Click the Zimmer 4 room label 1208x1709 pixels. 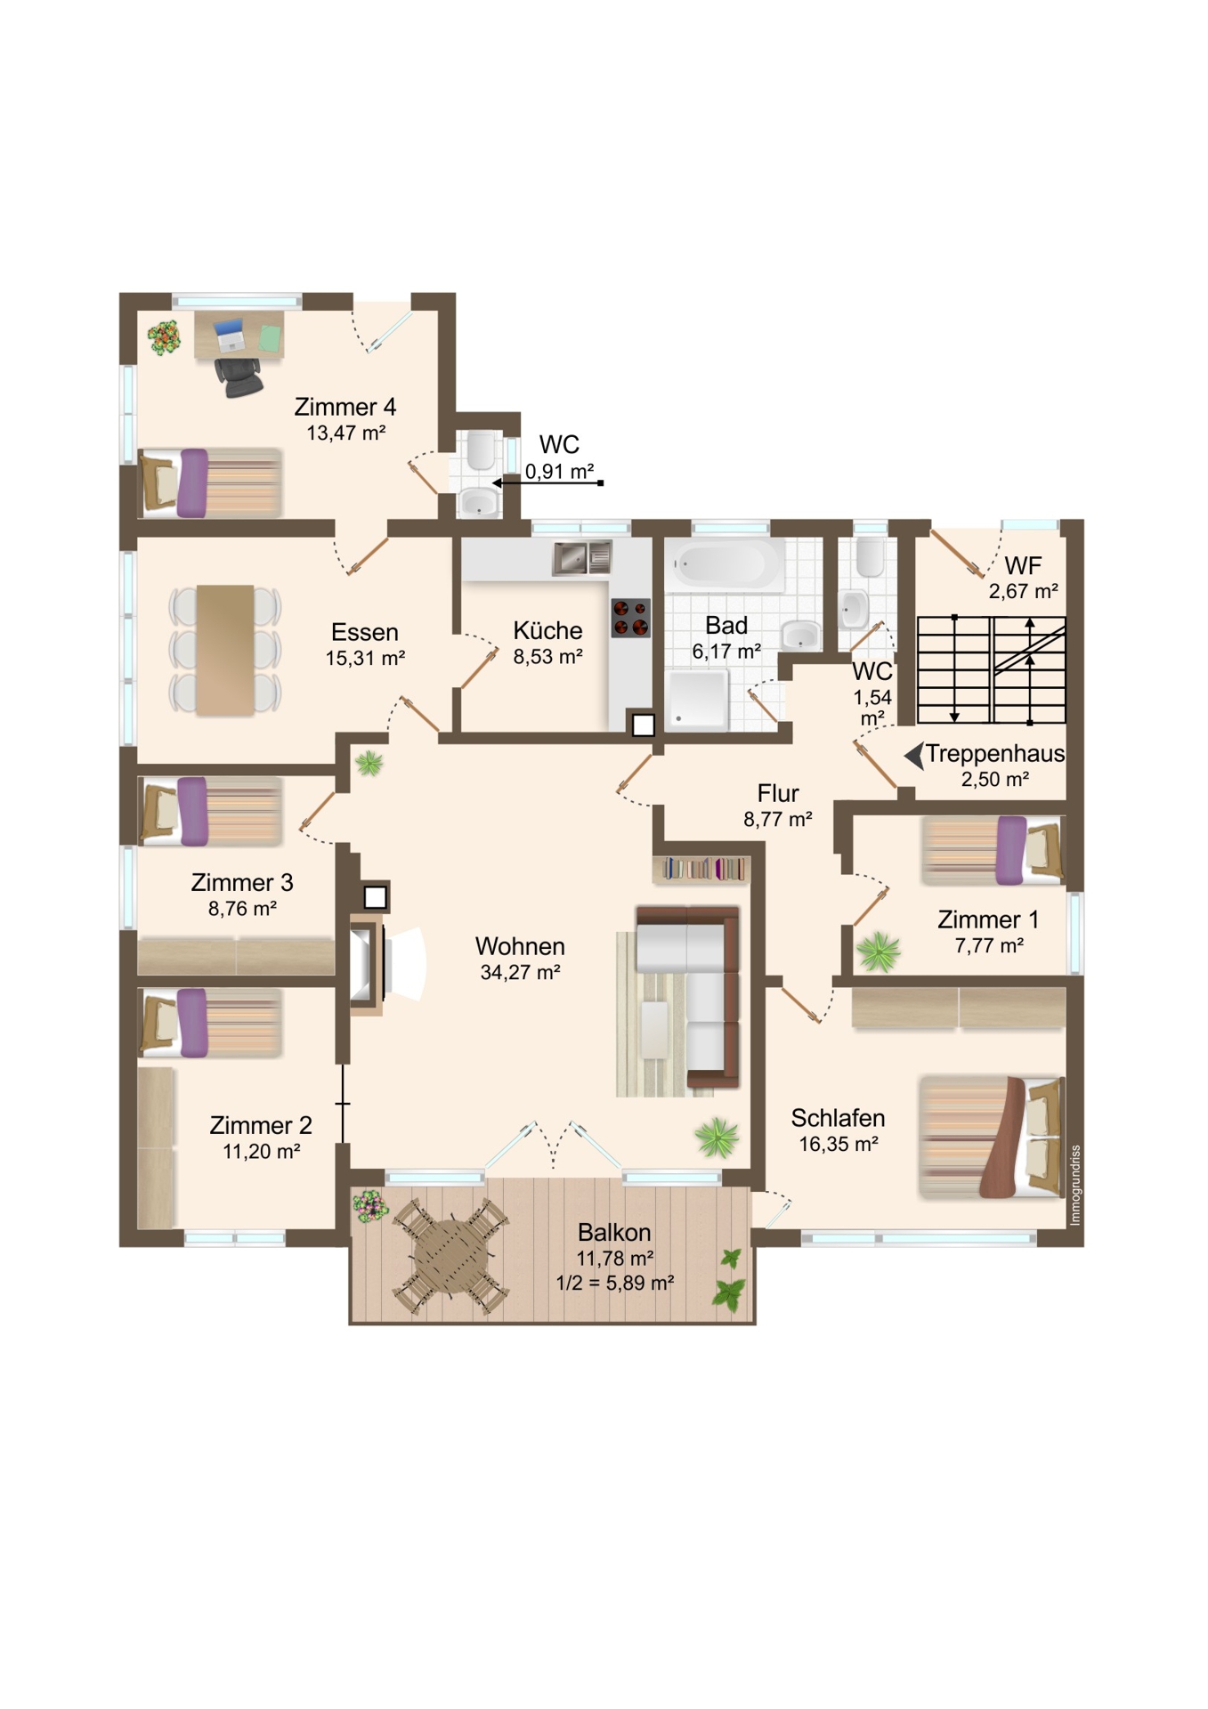point(345,407)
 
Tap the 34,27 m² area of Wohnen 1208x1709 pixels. point(520,972)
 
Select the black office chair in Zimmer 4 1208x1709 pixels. point(239,377)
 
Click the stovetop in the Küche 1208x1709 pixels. point(630,618)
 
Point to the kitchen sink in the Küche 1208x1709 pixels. point(582,558)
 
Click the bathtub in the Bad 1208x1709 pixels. point(724,564)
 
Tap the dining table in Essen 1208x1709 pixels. point(225,650)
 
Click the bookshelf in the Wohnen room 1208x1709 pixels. point(701,869)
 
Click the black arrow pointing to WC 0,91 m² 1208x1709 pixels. point(548,482)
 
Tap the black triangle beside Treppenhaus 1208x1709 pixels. point(913,757)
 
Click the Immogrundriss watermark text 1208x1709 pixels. point(1075,1185)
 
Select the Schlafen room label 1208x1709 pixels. point(838,1118)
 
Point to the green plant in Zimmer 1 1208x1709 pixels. point(879,952)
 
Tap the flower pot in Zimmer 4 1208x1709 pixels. point(164,337)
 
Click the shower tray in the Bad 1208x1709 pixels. point(697,699)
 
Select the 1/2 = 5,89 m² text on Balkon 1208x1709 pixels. point(614,1283)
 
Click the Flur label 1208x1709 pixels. point(778,793)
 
